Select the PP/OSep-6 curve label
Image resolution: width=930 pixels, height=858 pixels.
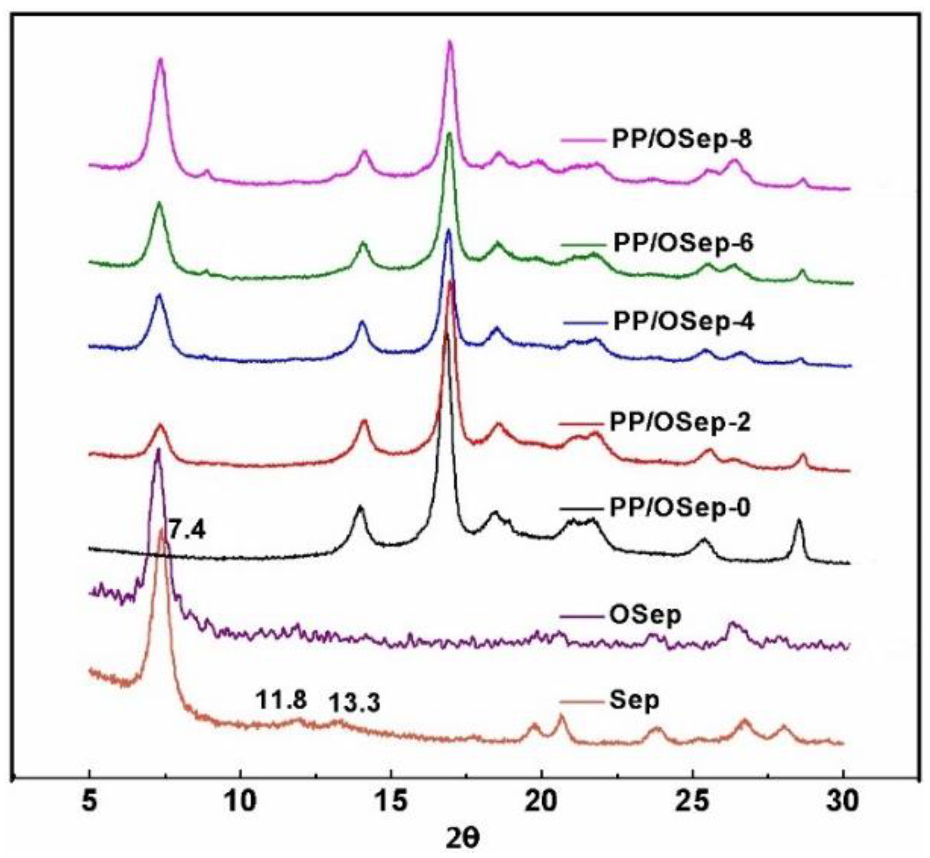pyautogui.click(x=683, y=244)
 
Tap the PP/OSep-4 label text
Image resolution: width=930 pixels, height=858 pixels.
pyautogui.click(x=684, y=322)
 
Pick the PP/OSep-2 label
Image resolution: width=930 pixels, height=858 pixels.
pyautogui.click(x=680, y=423)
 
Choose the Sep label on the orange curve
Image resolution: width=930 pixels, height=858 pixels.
pyautogui.click(x=634, y=701)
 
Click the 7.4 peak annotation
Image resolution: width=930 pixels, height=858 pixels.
pyautogui.click(x=187, y=531)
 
